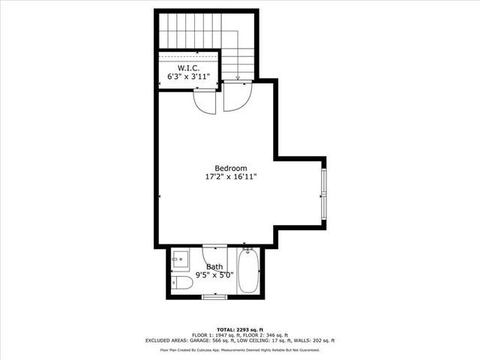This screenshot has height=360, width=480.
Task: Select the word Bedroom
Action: [x=231, y=168]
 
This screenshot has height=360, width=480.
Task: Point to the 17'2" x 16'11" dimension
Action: [x=231, y=178]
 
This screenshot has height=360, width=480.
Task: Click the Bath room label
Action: [x=215, y=266]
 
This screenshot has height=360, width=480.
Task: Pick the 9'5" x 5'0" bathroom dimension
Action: [x=215, y=275]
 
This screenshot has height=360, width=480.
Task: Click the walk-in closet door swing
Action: [x=205, y=100]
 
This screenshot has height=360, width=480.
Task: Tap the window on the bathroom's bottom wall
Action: [x=214, y=296]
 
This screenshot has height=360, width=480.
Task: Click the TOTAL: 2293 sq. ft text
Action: [x=239, y=329]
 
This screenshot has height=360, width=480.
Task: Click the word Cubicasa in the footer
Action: [x=223, y=350]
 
